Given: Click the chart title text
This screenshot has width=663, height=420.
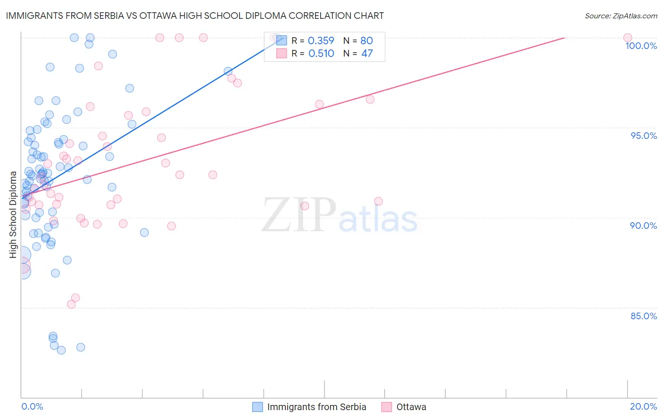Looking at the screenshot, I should (x=195, y=16).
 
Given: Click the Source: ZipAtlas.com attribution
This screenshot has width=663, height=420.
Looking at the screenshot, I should (x=621, y=16).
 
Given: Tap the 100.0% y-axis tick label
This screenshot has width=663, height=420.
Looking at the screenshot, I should (x=641, y=46).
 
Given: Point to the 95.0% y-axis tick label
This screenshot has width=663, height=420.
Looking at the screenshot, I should (x=644, y=136).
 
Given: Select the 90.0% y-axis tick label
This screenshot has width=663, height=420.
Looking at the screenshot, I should (x=643, y=226).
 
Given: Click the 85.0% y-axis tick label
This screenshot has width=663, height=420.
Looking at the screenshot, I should (x=644, y=316).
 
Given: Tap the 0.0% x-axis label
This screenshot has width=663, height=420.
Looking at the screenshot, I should (x=32, y=406).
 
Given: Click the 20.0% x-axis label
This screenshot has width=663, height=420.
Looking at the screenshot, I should (x=643, y=406).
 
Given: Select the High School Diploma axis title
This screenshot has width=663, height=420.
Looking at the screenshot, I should (x=13, y=215).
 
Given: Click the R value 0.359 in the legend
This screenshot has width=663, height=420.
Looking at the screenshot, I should (x=321, y=41).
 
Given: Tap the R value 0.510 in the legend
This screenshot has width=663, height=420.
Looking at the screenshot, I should (x=321, y=54).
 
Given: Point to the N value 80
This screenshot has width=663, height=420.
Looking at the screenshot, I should (x=366, y=41).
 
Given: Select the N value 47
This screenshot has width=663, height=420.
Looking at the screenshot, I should (x=367, y=54).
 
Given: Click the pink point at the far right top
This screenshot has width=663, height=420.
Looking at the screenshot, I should (x=627, y=38).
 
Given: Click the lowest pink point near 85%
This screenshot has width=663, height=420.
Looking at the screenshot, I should (x=71, y=304).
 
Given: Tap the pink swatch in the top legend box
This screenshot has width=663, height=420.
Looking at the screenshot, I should (x=282, y=53).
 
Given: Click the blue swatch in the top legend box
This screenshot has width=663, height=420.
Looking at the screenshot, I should (x=282, y=40).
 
